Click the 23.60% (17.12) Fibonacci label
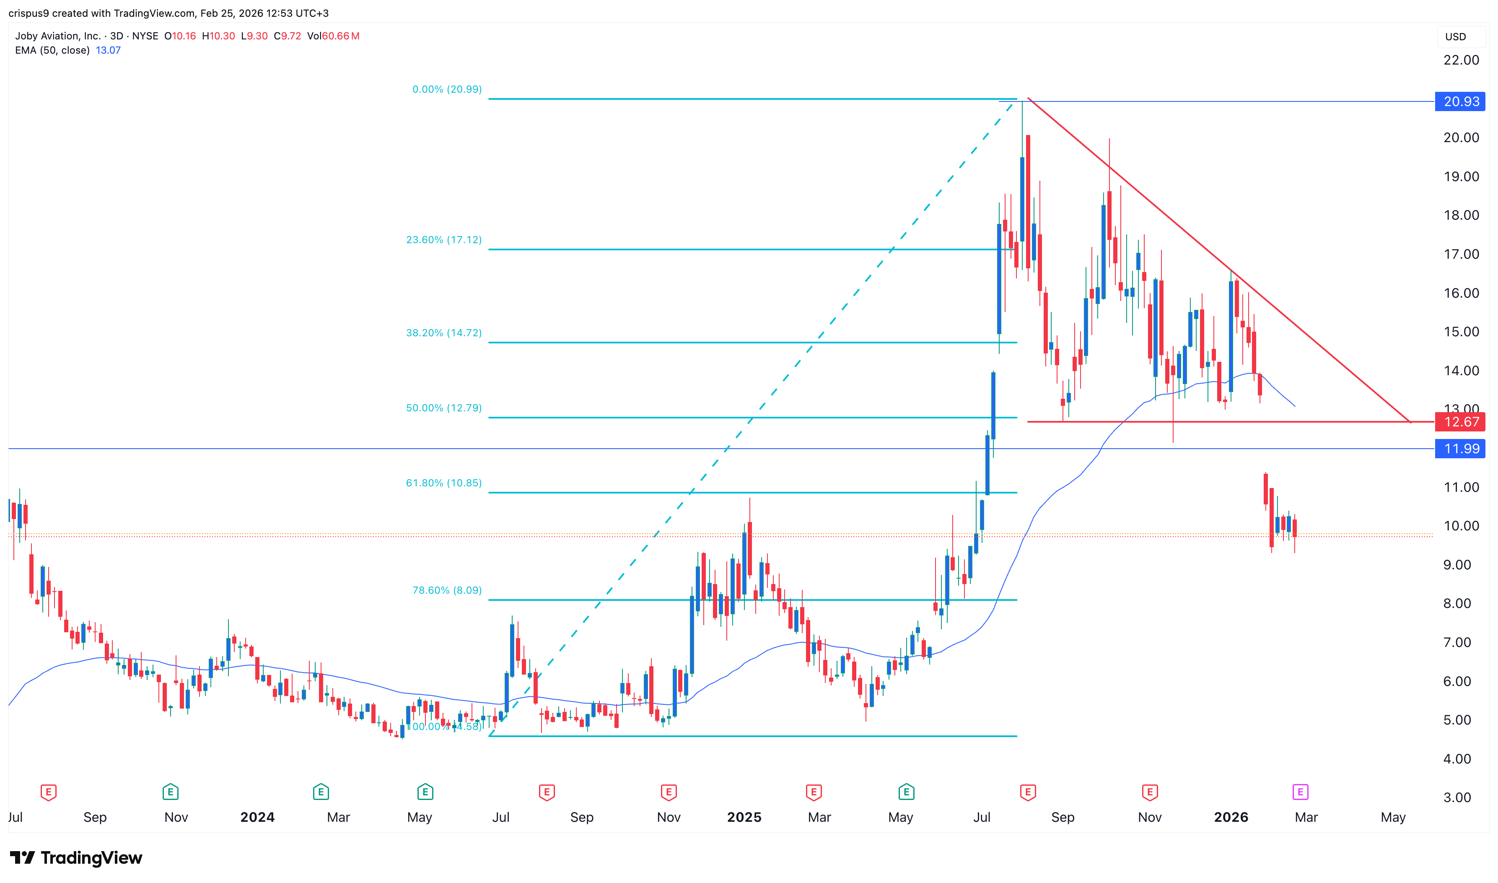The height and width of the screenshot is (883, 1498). (x=443, y=240)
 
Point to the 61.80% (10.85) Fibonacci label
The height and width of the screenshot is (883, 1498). (x=443, y=483)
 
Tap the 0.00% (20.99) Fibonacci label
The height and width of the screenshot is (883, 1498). (x=447, y=89)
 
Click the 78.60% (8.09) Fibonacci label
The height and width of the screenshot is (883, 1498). (x=447, y=590)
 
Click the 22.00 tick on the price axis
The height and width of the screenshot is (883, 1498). (x=1461, y=60)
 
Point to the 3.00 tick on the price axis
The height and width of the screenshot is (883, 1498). (x=1457, y=797)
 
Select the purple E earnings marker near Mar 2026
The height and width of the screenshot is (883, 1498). (x=1300, y=792)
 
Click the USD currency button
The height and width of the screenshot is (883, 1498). (x=1455, y=37)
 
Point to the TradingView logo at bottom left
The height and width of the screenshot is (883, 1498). (x=76, y=857)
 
